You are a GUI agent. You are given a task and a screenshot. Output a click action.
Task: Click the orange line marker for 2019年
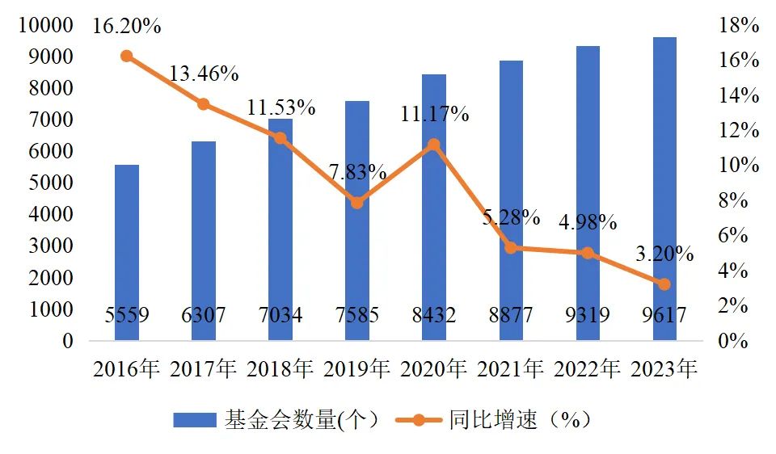357,203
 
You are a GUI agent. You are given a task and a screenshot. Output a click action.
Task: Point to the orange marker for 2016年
127,56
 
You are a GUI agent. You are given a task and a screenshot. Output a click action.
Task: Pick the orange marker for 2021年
511,247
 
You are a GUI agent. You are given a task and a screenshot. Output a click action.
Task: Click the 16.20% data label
127,26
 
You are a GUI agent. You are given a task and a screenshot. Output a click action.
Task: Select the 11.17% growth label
435,114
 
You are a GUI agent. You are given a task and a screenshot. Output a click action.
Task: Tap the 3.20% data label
664,254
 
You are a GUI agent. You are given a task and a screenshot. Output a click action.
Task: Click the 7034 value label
280,315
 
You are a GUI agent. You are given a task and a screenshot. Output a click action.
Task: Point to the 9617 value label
664,315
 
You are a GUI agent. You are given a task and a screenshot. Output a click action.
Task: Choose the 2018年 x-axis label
280,369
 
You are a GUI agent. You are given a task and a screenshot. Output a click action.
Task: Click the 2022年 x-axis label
588,369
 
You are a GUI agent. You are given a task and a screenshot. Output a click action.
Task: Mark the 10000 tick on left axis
45,25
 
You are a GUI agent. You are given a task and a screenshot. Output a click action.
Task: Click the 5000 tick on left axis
51,183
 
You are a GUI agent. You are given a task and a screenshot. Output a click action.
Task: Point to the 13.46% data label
204,74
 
